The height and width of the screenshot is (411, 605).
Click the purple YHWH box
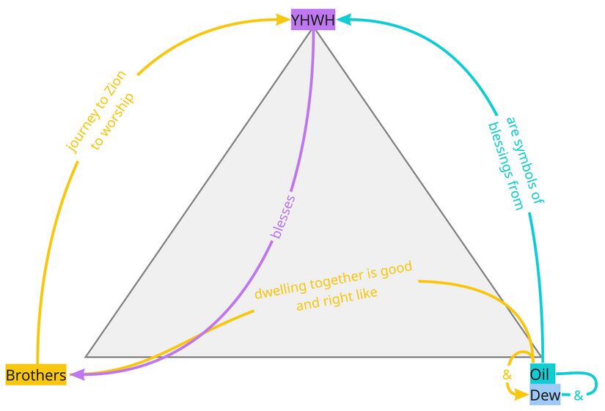coord(313,20)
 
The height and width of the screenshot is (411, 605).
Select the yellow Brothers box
coord(35,376)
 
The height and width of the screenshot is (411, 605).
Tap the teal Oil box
coord(541,374)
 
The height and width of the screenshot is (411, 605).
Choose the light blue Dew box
coord(545,396)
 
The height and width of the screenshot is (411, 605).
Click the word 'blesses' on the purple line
coord(283,216)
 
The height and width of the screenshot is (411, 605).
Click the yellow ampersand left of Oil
coord(506,374)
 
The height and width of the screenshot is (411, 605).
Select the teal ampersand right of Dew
coord(578,396)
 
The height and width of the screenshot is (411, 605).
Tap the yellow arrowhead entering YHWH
coord(285,21)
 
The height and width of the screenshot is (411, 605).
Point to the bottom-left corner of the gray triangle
coord(86,357)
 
